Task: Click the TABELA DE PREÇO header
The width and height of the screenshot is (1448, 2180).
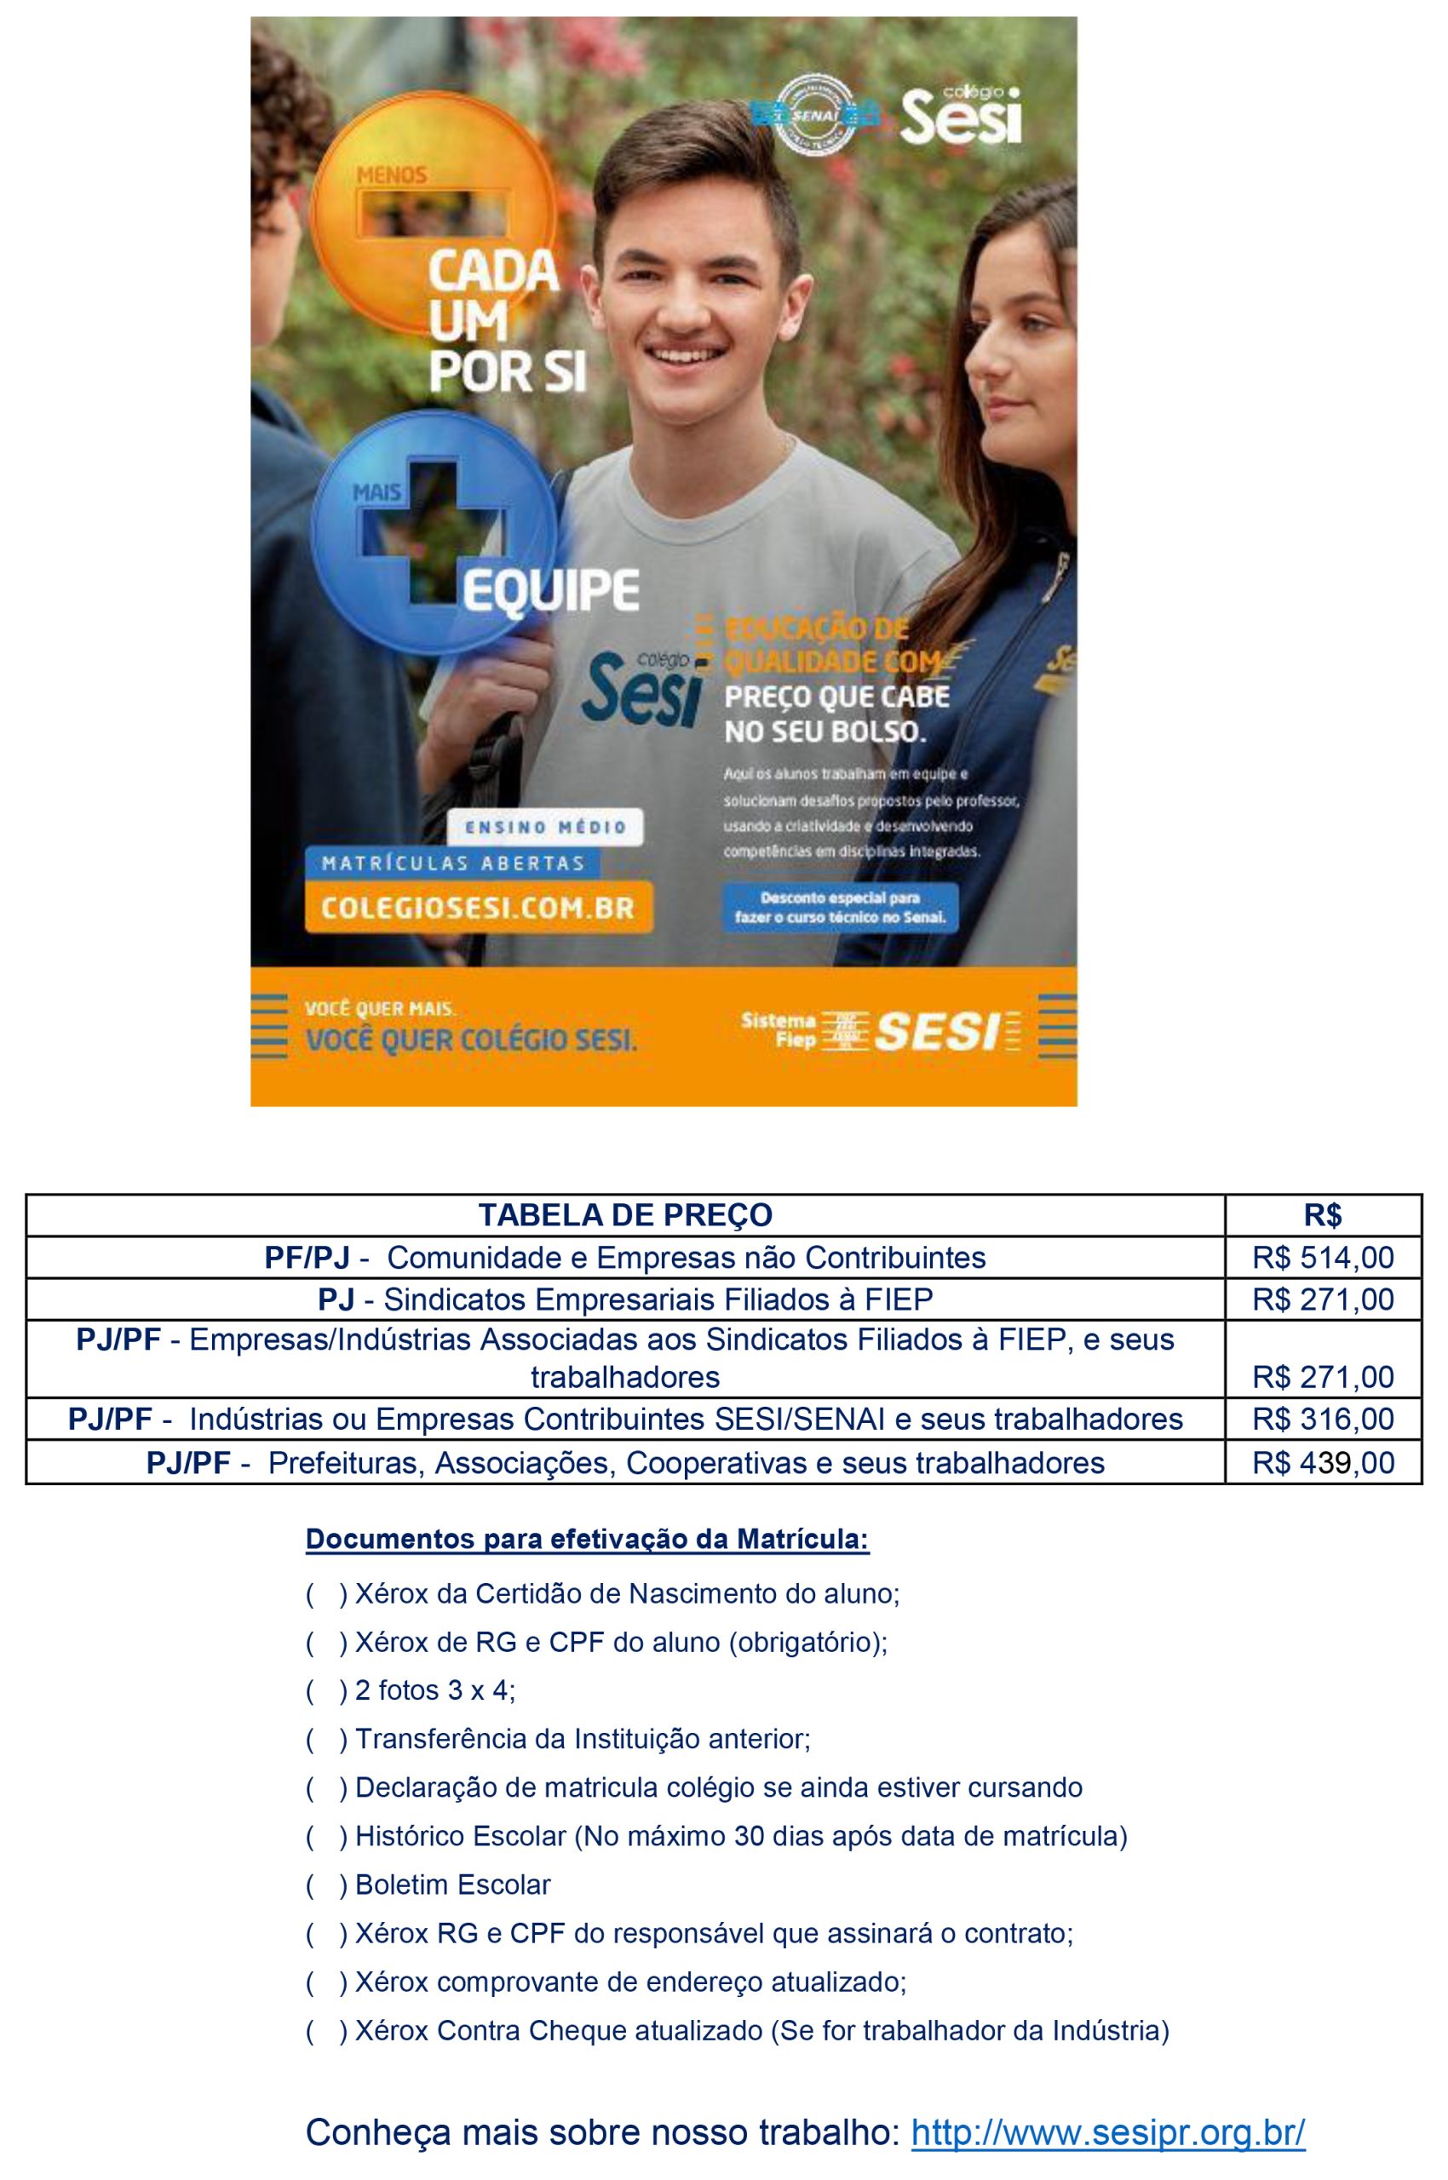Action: point(625,1215)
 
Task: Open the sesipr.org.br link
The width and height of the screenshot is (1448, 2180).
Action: point(1107,2132)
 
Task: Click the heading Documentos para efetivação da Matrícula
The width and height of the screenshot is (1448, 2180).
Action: point(588,1540)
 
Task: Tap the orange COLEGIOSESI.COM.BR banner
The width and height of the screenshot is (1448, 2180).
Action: point(479,908)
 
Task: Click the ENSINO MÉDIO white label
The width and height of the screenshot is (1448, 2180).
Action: point(545,828)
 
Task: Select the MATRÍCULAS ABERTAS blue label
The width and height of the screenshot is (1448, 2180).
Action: point(452,863)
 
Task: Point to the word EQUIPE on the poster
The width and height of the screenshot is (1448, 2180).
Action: point(550,590)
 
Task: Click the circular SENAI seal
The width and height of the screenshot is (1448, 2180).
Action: point(814,112)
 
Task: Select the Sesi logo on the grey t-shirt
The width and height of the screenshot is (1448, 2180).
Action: point(640,688)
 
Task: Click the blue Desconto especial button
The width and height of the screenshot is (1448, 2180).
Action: point(840,908)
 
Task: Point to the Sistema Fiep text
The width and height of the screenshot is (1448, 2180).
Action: point(778,1030)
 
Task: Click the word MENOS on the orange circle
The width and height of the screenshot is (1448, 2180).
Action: point(392,175)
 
